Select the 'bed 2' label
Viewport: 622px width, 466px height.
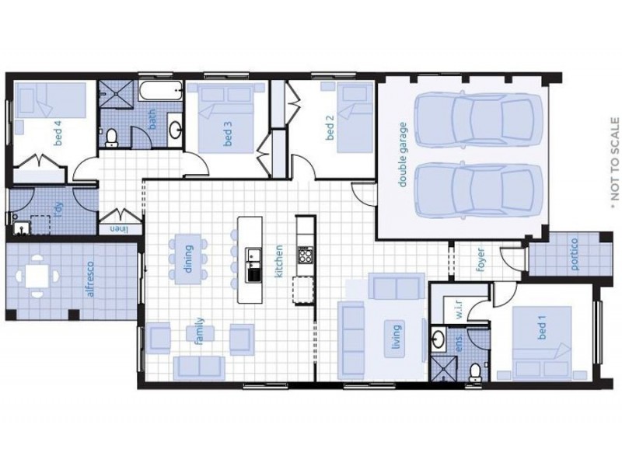330,129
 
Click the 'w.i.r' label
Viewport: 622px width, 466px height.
459,308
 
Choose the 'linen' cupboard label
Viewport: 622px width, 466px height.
117,228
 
